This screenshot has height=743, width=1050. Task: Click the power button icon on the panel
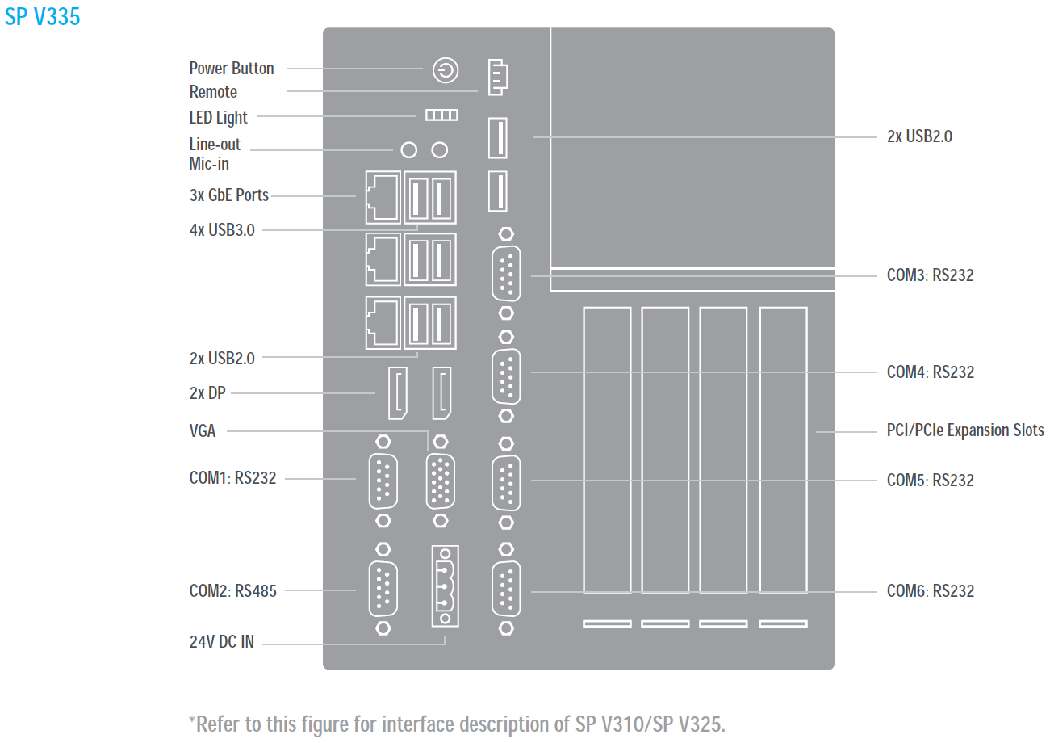446,71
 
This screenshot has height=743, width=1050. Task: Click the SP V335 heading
42,16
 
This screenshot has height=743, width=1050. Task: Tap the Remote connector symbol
498,78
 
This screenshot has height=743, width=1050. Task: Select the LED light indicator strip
441,116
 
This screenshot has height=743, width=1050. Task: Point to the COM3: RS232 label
930,275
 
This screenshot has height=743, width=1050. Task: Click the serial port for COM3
506,275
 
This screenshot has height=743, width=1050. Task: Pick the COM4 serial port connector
506,376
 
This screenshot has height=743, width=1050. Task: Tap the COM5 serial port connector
506,483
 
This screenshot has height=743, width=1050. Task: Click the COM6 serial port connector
506,589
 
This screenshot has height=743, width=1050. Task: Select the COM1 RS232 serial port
383,481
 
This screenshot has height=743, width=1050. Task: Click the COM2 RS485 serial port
383,589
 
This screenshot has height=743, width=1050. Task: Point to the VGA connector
440,481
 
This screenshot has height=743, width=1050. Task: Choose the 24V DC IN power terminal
445,586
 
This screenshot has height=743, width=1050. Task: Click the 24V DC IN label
221,643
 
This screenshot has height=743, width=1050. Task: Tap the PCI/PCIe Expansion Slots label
965,430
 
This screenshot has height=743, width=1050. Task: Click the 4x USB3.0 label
222,230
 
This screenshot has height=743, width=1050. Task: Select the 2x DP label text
207,394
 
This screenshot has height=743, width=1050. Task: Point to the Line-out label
215,145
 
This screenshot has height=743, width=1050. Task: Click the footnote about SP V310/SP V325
457,724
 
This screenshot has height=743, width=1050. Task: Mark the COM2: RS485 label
232,591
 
